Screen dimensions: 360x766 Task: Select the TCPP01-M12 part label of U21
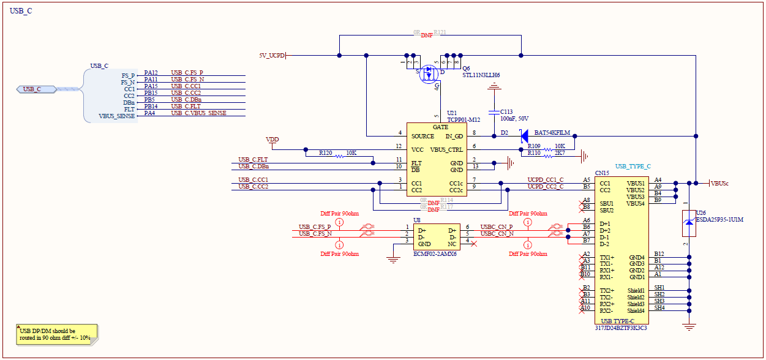(x=463, y=119)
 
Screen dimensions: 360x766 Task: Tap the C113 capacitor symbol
(x=494, y=113)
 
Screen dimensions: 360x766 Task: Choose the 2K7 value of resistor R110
(x=559, y=153)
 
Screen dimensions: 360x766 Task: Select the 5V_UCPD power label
(x=272, y=56)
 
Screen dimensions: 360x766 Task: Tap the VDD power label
(x=272, y=140)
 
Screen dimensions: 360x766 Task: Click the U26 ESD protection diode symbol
(x=689, y=224)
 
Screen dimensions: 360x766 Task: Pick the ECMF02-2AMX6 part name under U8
(x=435, y=253)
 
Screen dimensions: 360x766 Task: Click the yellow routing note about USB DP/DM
(x=55, y=334)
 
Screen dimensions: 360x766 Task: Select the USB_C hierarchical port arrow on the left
(x=36, y=89)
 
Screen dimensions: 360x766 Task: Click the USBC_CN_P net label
(x=496, y=227)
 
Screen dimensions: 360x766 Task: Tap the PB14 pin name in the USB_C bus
(x=150, y=107)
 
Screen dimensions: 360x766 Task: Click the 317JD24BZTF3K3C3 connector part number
(x=621, y=328)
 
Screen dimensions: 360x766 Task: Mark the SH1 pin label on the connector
(x=659, y=288)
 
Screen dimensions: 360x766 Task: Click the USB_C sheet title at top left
(x=21, y=11)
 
